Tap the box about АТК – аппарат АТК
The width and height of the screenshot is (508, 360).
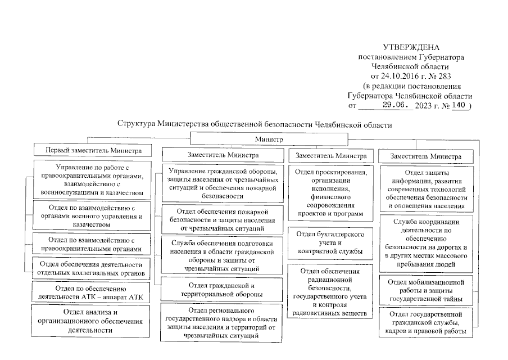91,293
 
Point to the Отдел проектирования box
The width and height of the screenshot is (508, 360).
328,192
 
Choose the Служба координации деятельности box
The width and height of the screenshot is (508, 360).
430,245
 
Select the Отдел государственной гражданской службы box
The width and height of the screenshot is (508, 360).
430,322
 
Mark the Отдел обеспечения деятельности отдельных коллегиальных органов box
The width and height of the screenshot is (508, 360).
91,269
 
